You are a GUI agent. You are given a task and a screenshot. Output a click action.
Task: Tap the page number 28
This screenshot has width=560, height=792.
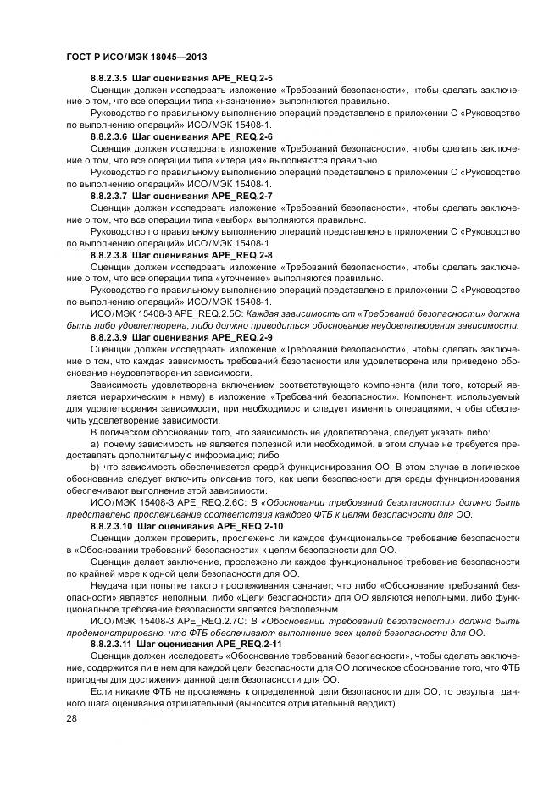click(69, 717)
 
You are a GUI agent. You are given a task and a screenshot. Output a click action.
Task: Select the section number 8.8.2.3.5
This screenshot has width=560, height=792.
click(108, 78)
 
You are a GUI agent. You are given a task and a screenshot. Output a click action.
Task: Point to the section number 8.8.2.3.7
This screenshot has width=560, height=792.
click(108, 195)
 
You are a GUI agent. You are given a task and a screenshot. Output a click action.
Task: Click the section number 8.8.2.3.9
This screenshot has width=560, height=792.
click(108, 336)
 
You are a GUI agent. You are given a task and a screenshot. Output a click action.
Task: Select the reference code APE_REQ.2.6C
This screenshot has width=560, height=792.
click(187, 502)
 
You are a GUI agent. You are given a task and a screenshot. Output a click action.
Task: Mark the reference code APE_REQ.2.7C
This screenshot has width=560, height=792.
click(187, 620)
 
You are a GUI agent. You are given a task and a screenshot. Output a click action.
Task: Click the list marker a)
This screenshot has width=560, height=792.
click(95, 443)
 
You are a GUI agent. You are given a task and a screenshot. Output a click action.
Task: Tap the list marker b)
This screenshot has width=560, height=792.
click(95, 467)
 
